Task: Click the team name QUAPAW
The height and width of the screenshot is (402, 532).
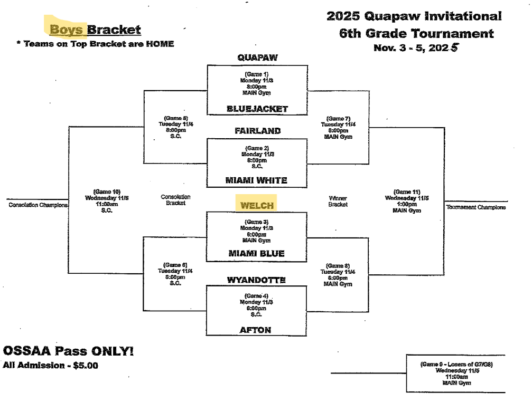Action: (257, 57)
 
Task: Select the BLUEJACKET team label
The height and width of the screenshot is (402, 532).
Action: (257, 109)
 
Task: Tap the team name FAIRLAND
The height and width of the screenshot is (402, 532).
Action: (257, 130)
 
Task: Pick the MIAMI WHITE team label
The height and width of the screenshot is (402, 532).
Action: (256, 180)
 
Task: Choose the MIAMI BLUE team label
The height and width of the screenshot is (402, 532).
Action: (256, 254)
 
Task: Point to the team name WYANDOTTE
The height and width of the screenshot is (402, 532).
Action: (256, 280)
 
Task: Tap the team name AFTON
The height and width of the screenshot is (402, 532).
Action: (256, 330)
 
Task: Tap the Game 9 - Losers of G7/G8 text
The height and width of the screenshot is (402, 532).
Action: (456, 364)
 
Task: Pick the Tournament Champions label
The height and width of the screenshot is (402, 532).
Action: (475, 208)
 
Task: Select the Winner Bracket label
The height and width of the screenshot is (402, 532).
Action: (338, 201)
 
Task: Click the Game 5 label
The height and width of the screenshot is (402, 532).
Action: (175, 118)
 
